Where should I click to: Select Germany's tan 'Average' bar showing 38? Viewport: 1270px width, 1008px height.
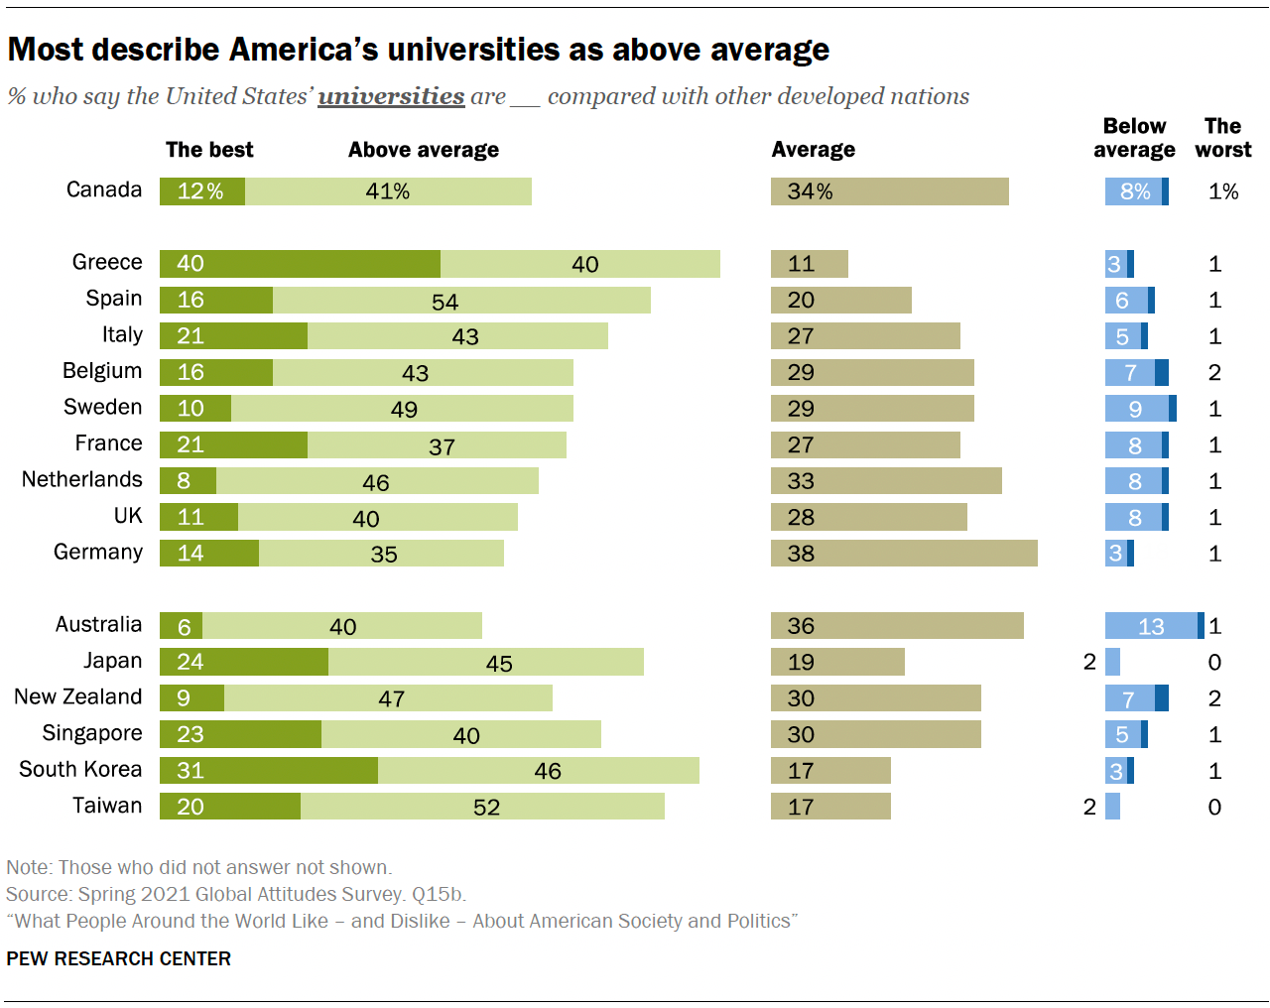[904, 554]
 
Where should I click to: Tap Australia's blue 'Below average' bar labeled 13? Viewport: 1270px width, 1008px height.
[1151, 626]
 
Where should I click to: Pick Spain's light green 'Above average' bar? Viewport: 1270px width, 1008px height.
[461, 301]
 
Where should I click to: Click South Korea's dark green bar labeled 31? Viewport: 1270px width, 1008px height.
[269, 771]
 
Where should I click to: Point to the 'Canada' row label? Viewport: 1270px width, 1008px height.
[104, 189]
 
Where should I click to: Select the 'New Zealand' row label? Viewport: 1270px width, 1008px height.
[78, 696]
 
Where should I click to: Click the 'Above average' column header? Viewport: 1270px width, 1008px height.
[424, 150]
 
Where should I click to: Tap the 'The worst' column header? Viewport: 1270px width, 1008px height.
[1222, 138]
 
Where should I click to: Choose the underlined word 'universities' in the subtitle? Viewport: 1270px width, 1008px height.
[391, 96]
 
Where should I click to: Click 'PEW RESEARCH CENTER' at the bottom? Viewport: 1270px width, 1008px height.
[119, 958]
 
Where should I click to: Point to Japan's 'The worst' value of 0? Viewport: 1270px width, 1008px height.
[1214, 662]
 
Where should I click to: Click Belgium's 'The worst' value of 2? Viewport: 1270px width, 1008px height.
[1214, 372]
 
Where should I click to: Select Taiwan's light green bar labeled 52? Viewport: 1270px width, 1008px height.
[482, 807]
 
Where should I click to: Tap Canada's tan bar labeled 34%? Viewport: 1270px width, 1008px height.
[889, 191]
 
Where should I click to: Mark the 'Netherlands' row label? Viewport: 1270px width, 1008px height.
[82, 479]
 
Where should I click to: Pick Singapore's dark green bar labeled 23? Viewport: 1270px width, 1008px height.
[240, 734]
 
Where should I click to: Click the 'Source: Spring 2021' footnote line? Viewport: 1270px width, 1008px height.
[236, 894]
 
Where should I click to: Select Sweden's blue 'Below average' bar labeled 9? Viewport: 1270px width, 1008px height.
[1137, 409]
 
